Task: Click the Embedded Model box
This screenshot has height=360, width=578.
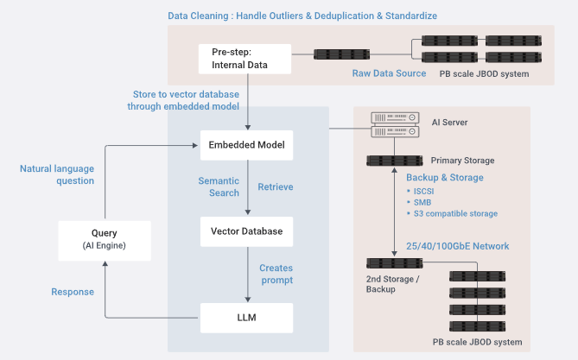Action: (x=247, y=144)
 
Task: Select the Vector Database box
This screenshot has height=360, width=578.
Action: (x=247, y=231)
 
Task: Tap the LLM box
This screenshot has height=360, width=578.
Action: (x=247, y=318)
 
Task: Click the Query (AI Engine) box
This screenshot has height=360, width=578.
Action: (x=104, y=239)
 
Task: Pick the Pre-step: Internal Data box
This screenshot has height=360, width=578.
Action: (x=239, y=59)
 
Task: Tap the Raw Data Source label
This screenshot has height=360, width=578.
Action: (x=389, y=73)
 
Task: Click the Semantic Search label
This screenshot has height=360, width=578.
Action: (x=219, y=186)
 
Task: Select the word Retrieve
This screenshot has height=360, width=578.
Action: (x=276, y=186)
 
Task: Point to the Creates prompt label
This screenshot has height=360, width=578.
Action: (x=276, y=274)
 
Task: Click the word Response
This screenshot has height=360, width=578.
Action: (x=72, y=292)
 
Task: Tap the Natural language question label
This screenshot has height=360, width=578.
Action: (x=57, y=175)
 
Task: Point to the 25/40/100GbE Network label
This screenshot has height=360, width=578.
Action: (x=457, y=246)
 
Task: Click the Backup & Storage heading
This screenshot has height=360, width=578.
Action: (x=444, y=178)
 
